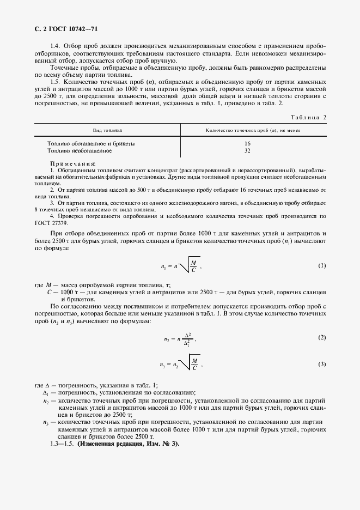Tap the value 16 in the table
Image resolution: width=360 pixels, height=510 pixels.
247,143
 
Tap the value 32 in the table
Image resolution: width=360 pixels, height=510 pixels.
247,150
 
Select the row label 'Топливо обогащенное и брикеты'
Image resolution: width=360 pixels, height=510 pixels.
91,143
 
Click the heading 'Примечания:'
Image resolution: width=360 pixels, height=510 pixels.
72,163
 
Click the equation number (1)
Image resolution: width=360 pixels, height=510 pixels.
321,265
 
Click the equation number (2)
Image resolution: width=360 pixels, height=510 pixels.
321,338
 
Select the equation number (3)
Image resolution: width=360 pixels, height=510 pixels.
321,363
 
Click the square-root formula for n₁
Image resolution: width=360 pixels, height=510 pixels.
181,265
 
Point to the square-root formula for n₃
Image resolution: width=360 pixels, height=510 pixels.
183,364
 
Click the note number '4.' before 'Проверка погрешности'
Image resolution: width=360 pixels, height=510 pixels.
52,215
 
